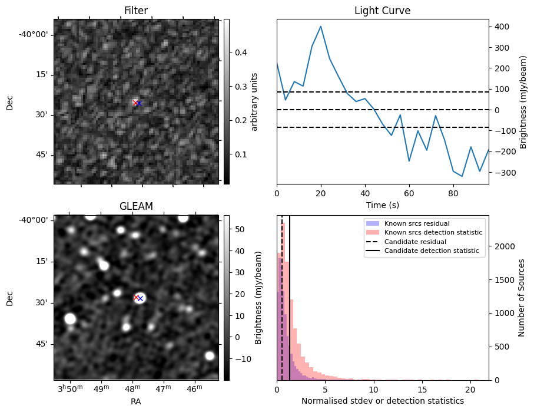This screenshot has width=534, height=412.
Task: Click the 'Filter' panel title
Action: [x=135, y=11]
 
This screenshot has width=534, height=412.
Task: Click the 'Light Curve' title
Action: [x=382, y=11]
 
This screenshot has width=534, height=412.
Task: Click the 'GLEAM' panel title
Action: [x=135, y=206]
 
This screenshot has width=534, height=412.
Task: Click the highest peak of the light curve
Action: [x=320, y=27]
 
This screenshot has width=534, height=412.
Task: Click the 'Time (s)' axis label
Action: [x=382, y=204]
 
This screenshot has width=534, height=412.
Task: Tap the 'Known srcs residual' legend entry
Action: [x=413, y=223]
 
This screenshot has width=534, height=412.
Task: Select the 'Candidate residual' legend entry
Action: [x=415, y=242]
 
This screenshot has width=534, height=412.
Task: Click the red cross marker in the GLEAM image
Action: [x=136, y=297]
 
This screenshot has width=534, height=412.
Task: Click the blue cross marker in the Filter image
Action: [x=140, y=103]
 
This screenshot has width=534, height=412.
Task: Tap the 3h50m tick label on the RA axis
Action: [x=70, y=388]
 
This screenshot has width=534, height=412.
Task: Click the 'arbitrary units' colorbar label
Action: [x=255, y=101]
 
